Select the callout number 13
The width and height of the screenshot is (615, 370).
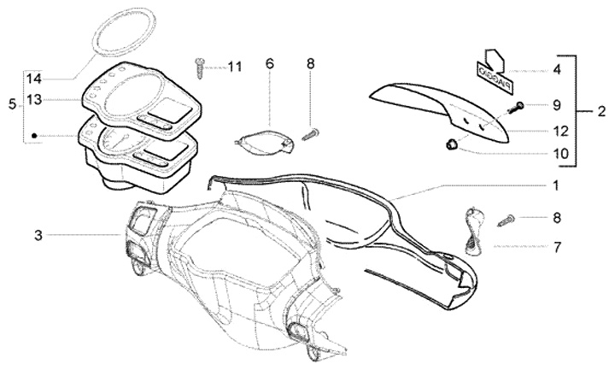[x=33, y=100]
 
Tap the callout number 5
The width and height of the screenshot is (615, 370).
[x=11, y=105]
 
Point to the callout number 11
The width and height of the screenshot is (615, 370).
[x=234, y=67]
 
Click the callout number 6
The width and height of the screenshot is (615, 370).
[x=269, y=63]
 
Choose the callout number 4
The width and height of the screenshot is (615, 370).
[x=556, y=69]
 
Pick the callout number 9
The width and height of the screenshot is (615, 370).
[x=555, y=105]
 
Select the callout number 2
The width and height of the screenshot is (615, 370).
[x=601, y=111]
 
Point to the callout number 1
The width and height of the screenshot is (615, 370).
[x=555, y=185]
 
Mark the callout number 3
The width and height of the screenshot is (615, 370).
[x=38, y=233]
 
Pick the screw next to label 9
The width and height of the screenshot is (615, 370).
[x=518, y=108]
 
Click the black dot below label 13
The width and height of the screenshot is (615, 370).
[x=34, y=135]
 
